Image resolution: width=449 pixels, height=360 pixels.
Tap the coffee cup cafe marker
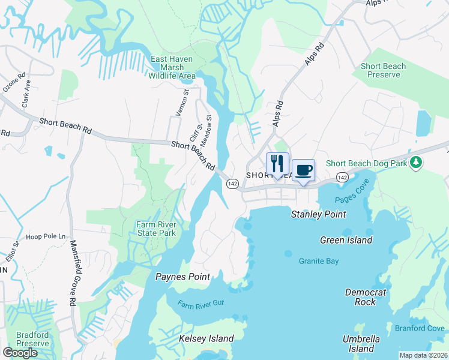[303, 170]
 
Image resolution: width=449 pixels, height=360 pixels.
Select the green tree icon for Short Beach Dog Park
[415, 163]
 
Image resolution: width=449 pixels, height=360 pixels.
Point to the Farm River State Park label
[155, 229]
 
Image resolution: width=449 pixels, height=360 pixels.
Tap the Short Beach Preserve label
[384, 70]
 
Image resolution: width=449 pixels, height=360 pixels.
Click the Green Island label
[346, 240]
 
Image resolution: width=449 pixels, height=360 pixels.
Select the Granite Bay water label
[319, 261]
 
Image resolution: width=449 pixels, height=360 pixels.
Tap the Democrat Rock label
[366, 296]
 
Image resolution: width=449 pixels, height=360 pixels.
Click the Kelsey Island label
[206, 338]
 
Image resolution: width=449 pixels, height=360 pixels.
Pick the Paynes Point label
[182, 277]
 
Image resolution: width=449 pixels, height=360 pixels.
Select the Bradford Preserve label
[32, 338]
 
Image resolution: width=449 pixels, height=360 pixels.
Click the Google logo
[20, 352]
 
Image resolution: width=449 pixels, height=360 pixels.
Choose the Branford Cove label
[420, 328]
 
